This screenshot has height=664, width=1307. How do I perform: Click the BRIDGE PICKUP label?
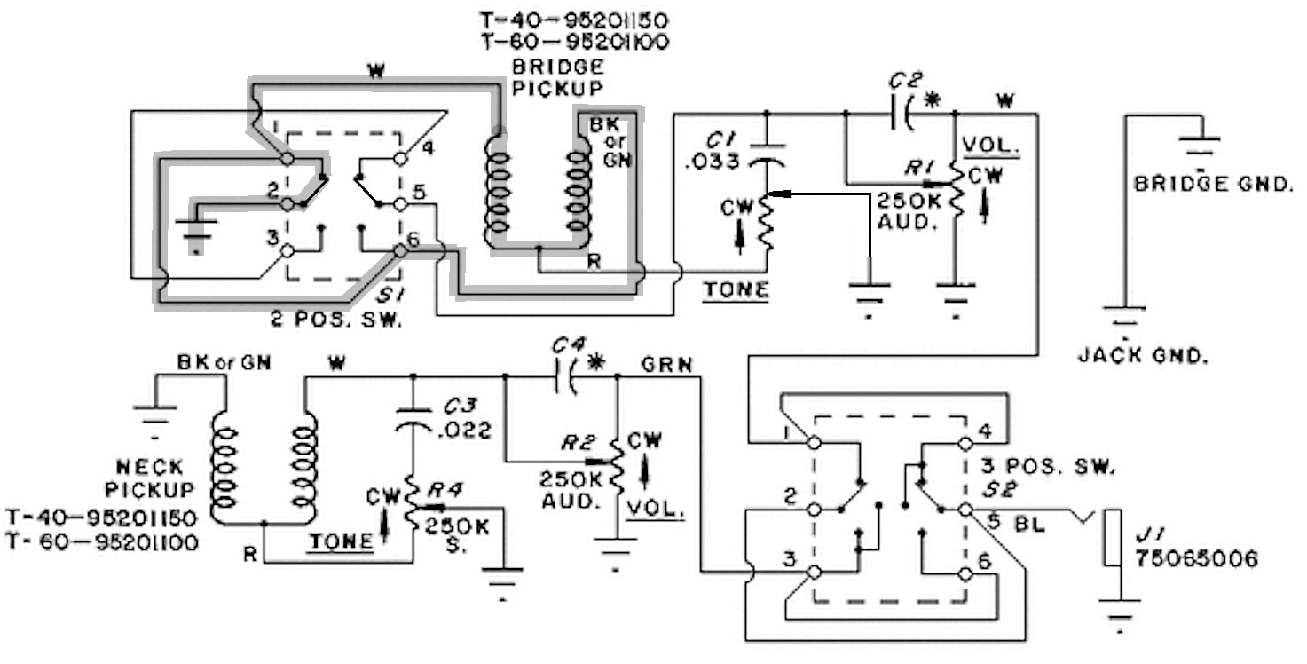(557, 77)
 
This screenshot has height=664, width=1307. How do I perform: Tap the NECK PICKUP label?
(149, 478)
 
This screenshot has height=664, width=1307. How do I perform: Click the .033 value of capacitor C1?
(713, 162)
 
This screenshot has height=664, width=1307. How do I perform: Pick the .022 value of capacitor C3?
(464, 431)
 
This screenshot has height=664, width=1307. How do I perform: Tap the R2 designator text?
(578, 443)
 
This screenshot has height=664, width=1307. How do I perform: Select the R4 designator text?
(445, 490)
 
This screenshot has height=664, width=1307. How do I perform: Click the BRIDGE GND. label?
(1213, 184)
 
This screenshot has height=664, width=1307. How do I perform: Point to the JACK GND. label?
(1143, 355)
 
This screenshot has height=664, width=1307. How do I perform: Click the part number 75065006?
(1196, 559)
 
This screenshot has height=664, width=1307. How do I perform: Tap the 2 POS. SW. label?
(336, 319)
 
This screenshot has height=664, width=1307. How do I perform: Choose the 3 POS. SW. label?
(1048, 467)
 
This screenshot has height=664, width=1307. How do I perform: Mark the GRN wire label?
(666, 365)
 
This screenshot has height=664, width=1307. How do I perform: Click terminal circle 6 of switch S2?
(965, 574)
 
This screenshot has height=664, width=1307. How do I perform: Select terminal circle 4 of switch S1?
(400, 158)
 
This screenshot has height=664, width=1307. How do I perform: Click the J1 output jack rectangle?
(1112, 538)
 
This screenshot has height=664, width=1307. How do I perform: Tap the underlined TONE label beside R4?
(341, 542)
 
